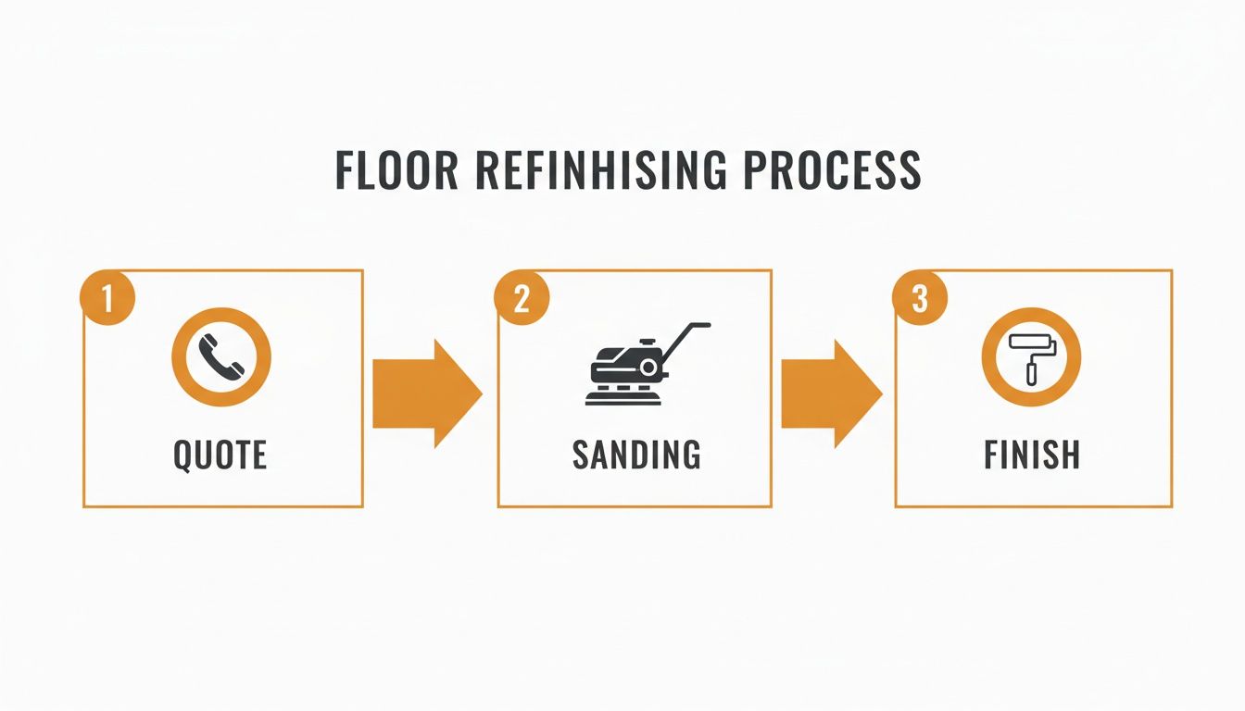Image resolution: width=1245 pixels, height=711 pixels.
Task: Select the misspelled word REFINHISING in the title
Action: [x=594, y=171]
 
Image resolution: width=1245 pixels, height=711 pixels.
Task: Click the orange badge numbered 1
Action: [x=108, y=299]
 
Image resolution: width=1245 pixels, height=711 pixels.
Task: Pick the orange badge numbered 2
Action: [x=522, y=299]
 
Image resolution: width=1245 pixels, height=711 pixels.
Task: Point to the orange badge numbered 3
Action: [x=919, y=299]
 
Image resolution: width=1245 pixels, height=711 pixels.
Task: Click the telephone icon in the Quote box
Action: [x=221, y=357]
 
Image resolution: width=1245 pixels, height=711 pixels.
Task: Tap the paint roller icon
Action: [x=1030, y=356]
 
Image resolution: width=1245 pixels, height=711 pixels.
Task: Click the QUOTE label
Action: [x=220, y=455]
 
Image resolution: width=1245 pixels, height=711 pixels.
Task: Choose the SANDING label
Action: [x=635, y=455]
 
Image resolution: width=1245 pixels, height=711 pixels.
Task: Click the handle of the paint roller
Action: [x=1031, y=374]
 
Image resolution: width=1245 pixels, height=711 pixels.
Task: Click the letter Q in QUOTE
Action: [x=183, y=455]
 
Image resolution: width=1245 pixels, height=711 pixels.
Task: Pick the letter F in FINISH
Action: [x=991, y=455]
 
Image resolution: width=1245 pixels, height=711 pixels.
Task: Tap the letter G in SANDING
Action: [x=688, y=455]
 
